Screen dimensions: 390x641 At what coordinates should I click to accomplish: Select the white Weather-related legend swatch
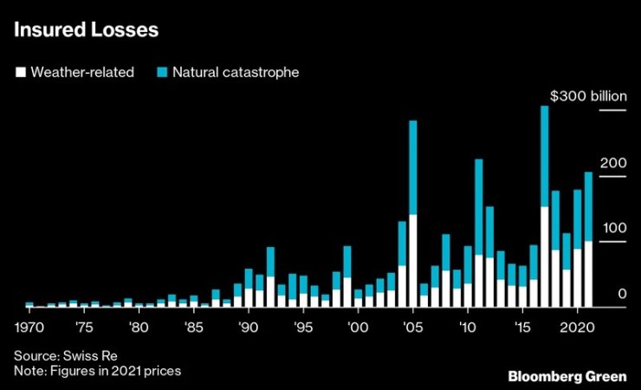click(x=20, y=73)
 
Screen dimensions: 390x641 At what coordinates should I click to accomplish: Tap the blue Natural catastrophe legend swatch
click(x=161, y=73)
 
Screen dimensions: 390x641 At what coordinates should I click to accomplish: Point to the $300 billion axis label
click(x=587, y=96)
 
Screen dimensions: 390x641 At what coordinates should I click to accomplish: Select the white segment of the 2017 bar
click(x=545, y=257)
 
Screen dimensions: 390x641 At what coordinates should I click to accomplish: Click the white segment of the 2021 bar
click(x=589, y=274)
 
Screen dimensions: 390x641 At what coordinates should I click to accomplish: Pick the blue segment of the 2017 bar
click(x=545, y=156)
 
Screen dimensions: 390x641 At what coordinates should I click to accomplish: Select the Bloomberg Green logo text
click(x=567, y=376)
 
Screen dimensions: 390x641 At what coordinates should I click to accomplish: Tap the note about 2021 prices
click(x=97, y=370)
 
